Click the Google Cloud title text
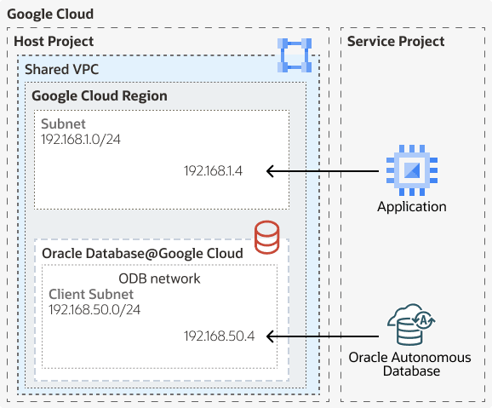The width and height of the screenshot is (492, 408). (x=50, y=15)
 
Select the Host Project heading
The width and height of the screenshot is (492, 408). (x=54, y=42)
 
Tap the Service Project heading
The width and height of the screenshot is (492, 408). (x=396, y=42)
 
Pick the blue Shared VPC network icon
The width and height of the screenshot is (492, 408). (x=295, y=55)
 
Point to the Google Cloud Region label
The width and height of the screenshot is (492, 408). (x=100, y=96)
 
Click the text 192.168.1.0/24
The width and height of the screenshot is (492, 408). (x=81, y=138)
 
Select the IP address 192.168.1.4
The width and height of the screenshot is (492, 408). (x=213, y=171)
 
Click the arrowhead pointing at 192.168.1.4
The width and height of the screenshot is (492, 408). (x=271, y=171)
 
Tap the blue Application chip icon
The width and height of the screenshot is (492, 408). (x=411, y=171)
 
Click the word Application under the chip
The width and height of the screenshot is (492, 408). (x=411, y=206)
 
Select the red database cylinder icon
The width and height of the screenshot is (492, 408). (x=267, y=236)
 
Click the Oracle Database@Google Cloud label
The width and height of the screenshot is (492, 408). (x=142, y=253)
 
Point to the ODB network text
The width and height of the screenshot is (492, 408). (x=159, y=279)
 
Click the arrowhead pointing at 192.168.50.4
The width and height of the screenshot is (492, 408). (x=271, y=336)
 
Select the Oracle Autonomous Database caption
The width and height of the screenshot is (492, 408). (x=410, y=364)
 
